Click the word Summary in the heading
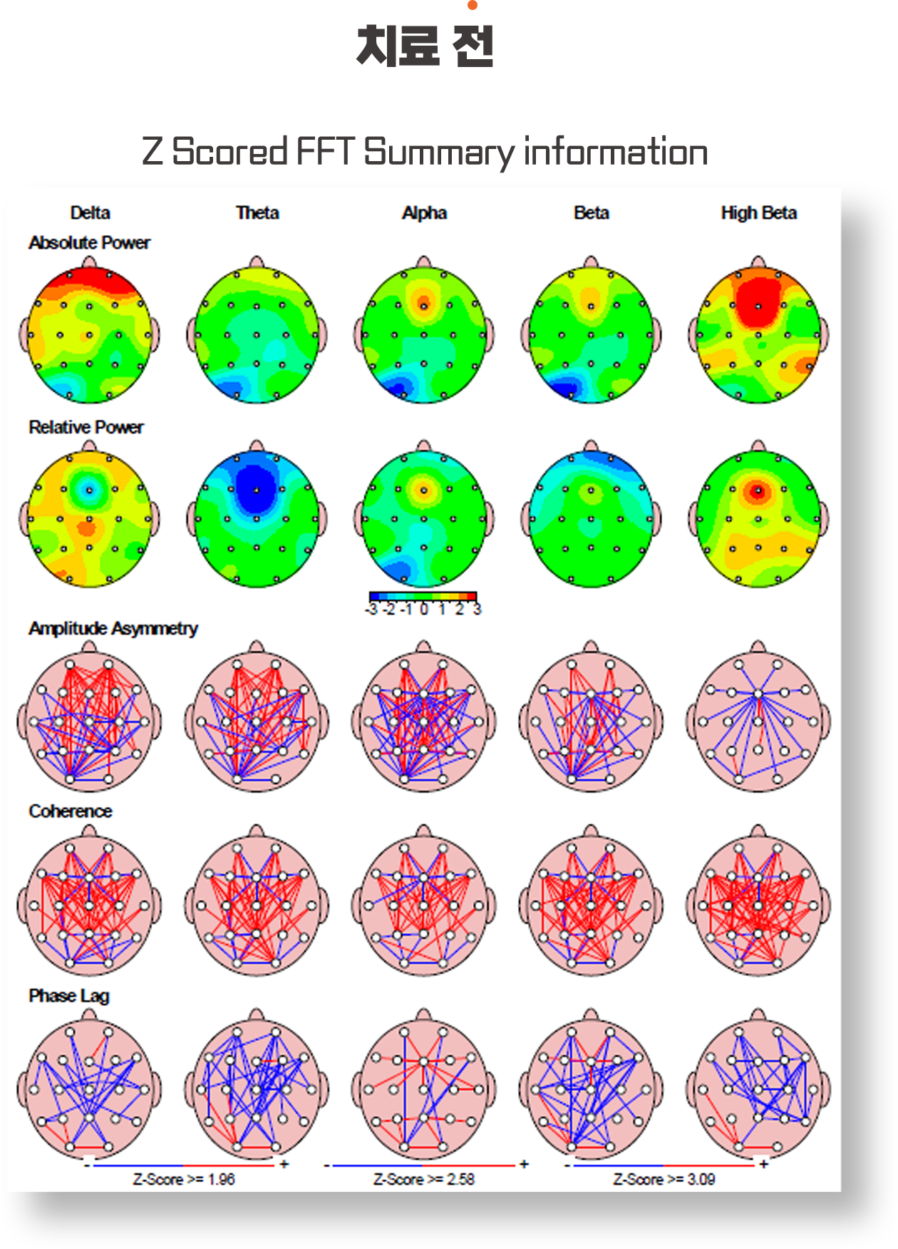pos(440,152)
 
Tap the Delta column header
pos(90,212)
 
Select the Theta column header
pos(257,212)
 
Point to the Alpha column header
pos(424,212)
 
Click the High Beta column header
pos(758,212)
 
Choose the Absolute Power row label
pos(89,242)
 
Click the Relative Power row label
pos(86,427)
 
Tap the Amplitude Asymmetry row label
pos(113,628)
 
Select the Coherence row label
pos(70,811)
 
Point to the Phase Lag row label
pos(68,995)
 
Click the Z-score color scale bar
pos(423,597)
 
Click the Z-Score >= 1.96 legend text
pos(184,1179)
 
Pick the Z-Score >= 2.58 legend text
pos(424,1179)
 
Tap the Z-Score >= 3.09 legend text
pos(664,1179)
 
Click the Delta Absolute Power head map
pos(90,334)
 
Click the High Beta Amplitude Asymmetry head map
pos(758,720)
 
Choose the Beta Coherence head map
pos(591,904)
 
